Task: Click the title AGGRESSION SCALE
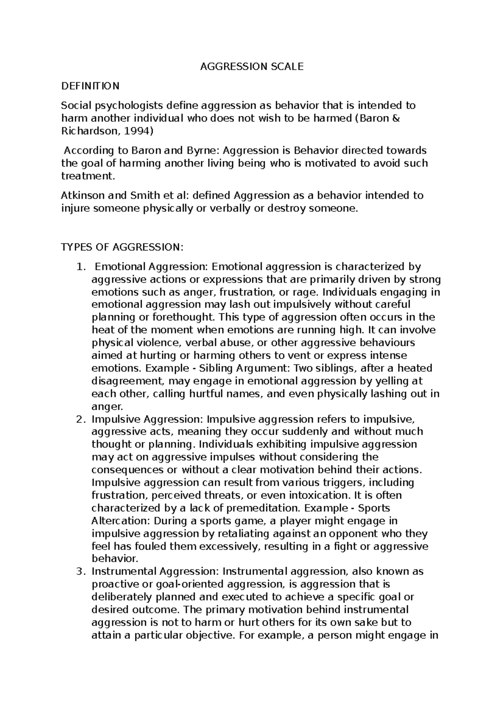[251, 67]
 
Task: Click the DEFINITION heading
[90, 86]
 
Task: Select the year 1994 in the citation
[139, 131]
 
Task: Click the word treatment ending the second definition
[87, 176]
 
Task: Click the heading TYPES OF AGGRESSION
[122, 247]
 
